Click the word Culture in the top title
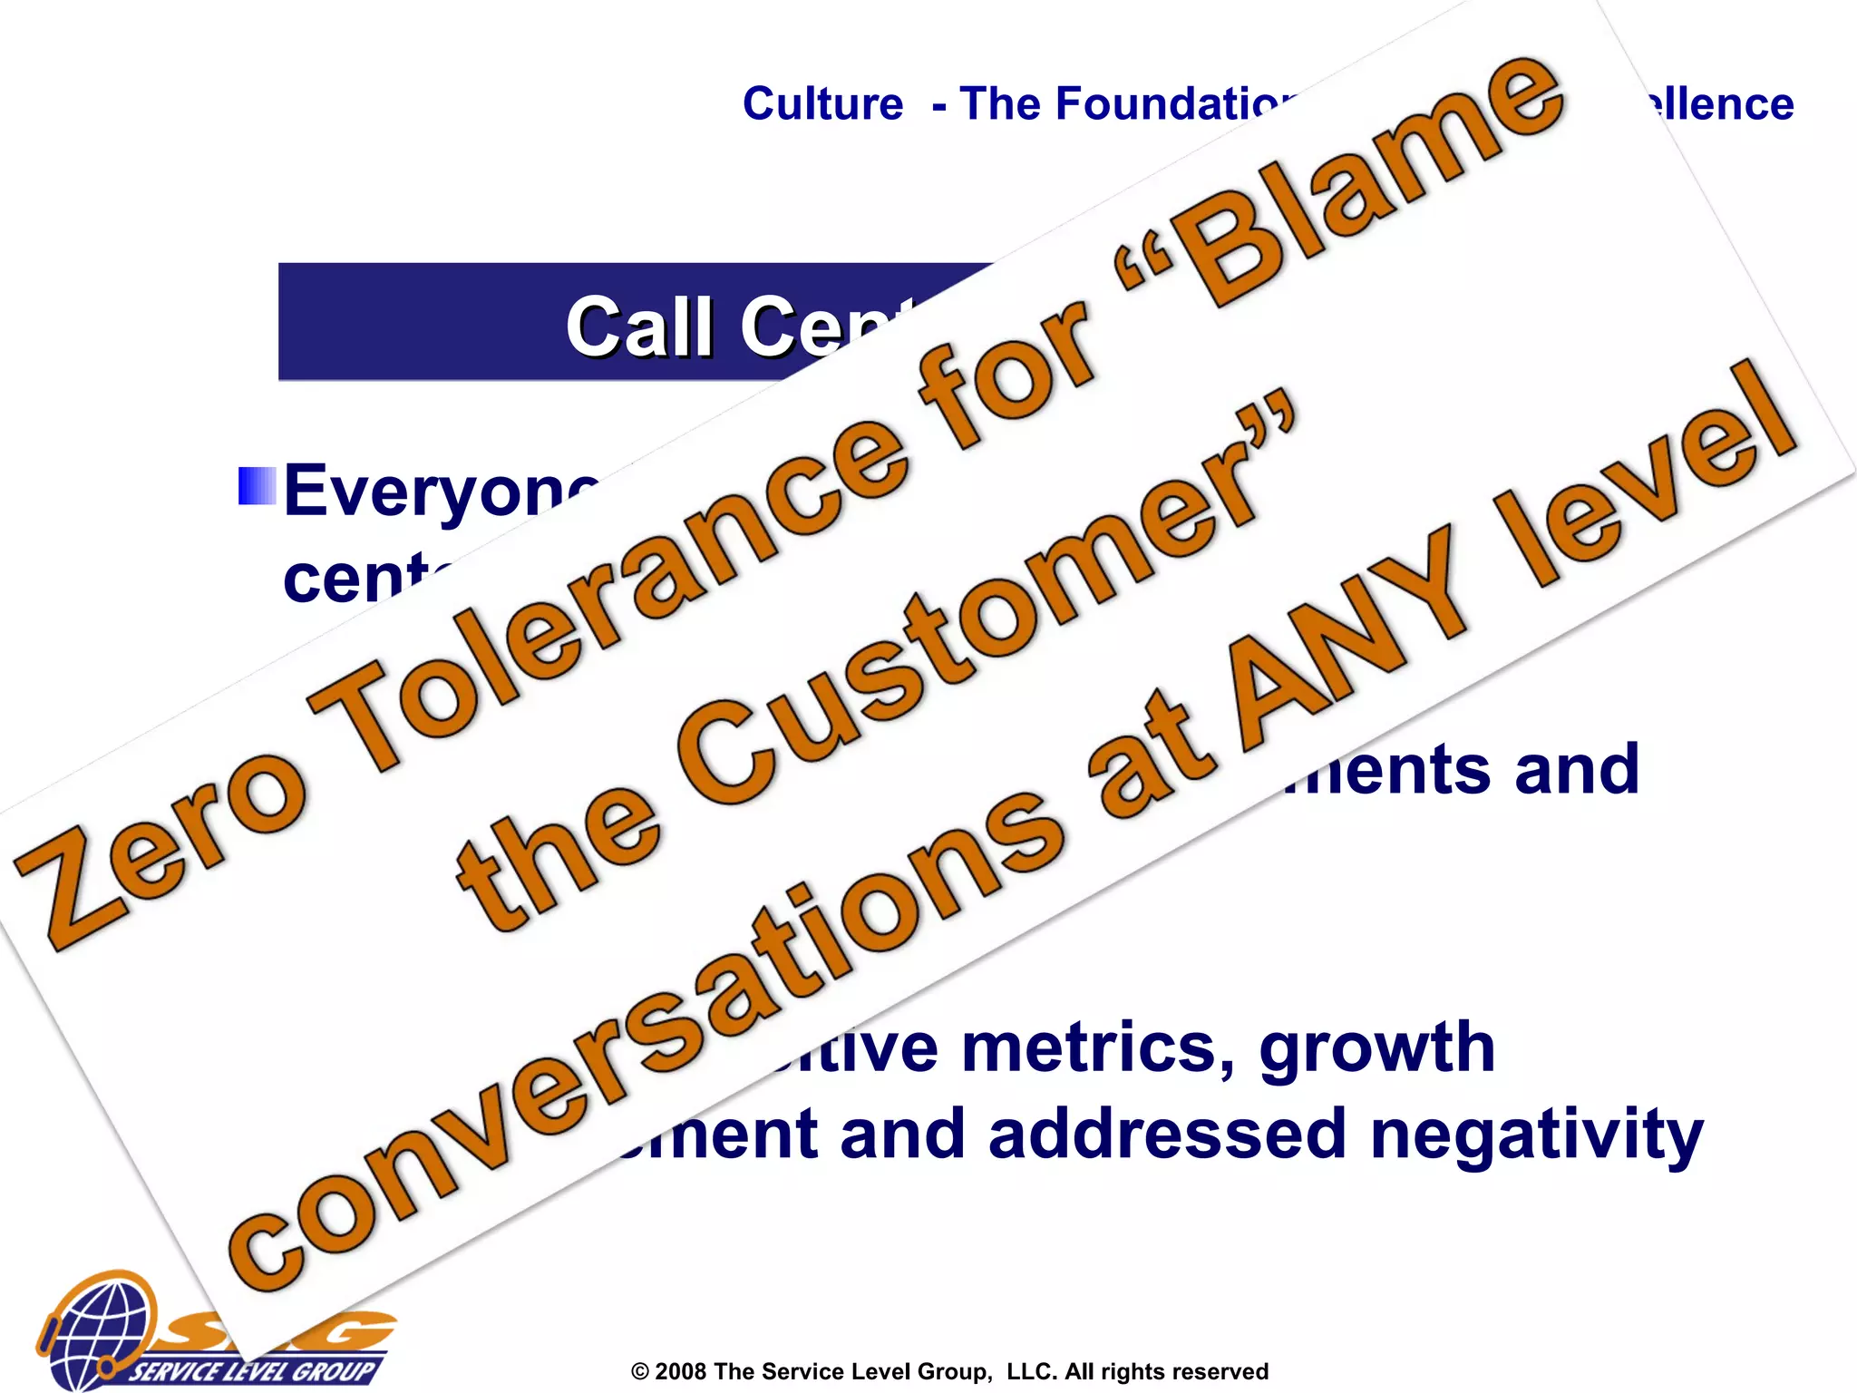tap(822, 104)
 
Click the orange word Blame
tap(1369, 181)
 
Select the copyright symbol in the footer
tap(640, 1372)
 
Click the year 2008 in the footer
tap(681, 1371)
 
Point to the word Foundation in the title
tap(1124, 104)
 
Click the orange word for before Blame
tap(1006, 372)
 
